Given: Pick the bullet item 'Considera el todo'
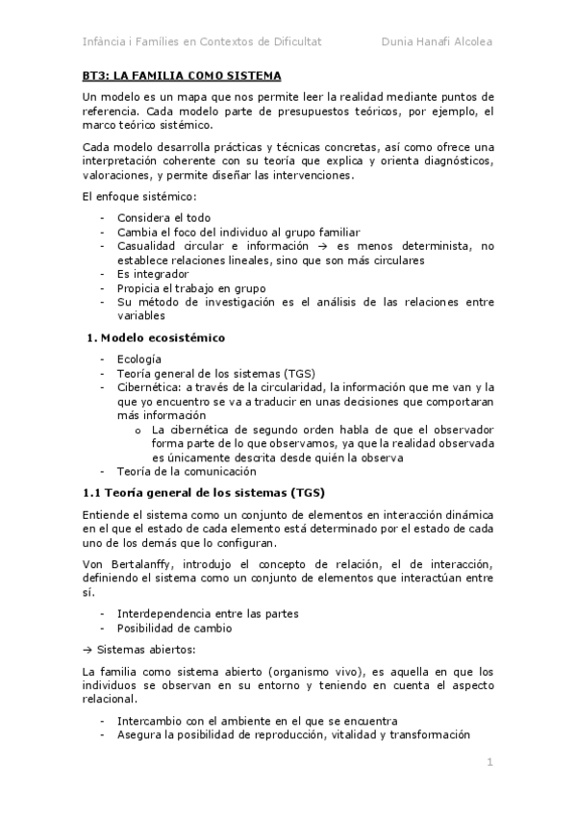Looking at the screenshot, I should (x=163, y=217).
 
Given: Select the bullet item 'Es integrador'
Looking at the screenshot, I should (x=152, y=273).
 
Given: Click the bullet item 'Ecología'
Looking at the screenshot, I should (x=139, y=359).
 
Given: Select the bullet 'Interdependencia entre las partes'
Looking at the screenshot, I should (x=208, y=613).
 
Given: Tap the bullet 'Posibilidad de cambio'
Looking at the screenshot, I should (x=174, y=628).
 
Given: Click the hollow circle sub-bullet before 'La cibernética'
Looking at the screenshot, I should (x=139, y=429).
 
